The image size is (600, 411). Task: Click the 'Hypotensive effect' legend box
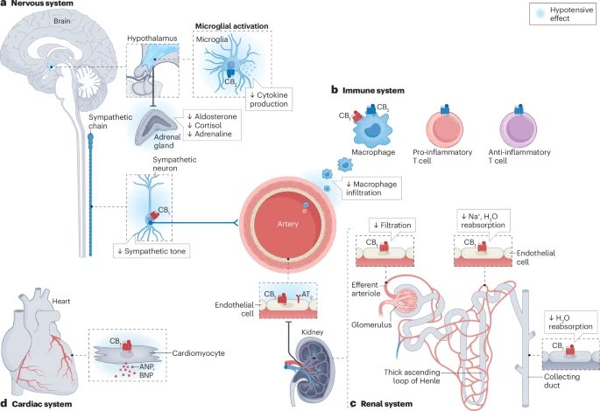click(562, 14)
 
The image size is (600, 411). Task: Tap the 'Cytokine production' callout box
click(269, 100)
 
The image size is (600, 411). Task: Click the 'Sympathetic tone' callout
click(152, 251)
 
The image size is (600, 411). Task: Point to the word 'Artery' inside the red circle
click(288, 224)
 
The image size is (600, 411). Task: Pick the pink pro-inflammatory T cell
click(445, 129)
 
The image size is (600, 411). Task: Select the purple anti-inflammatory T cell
click(519, 129)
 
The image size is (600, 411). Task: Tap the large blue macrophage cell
click(372, 129)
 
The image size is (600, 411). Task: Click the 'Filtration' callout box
click(392, 226)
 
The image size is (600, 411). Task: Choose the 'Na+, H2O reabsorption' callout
click(483, 220)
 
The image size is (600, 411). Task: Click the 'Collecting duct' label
click(561, 380)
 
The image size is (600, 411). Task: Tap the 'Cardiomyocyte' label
click(198, 353)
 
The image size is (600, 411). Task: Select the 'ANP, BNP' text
click(146, 371)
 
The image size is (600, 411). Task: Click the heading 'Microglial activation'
click(232, 26)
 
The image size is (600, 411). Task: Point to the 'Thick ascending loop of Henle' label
click(413, 376)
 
